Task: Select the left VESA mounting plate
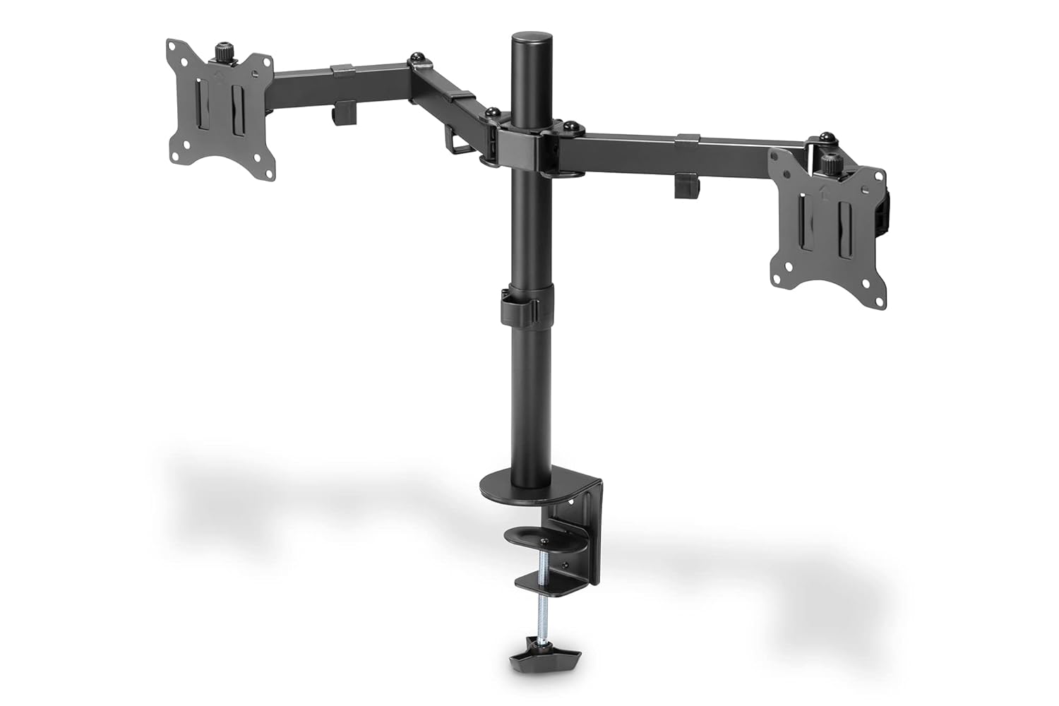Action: pyautogui.click(x=219, y=109)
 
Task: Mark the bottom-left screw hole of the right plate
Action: pyautogui.click(x=778, y=269)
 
